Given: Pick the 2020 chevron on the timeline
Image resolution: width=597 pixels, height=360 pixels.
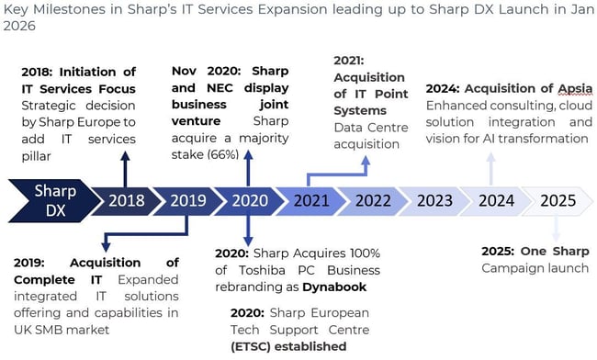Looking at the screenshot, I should point(248,200).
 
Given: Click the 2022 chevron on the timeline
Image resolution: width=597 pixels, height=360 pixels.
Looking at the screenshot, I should point(372,200).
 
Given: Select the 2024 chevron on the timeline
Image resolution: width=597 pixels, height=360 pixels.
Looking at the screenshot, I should point(496,200).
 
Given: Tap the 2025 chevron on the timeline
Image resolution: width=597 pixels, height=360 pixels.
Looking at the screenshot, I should point(558,200).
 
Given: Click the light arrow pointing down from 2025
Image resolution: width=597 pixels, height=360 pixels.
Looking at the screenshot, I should point(556,229).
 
